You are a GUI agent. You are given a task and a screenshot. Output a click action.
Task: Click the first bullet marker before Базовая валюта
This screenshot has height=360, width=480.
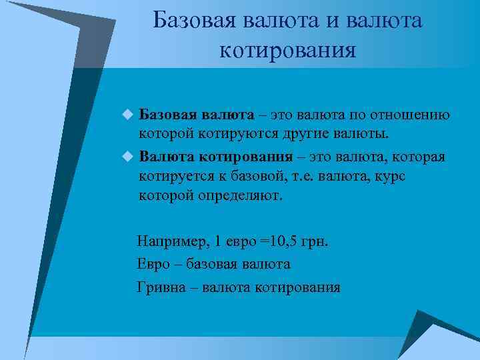click(x=128, y=115)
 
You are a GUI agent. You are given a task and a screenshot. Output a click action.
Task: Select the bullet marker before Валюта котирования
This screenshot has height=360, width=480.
click(x=128, y=157)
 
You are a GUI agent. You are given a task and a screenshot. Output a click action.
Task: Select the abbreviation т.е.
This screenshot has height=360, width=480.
click(x=303, y=177)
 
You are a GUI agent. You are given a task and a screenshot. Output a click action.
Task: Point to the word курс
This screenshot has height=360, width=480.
click(x=389, y=177)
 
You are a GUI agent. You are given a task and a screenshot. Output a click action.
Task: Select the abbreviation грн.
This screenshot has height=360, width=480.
click(x=315, y=241)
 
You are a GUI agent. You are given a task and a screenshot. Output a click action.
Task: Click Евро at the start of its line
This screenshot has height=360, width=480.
click(x=151, y=264)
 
